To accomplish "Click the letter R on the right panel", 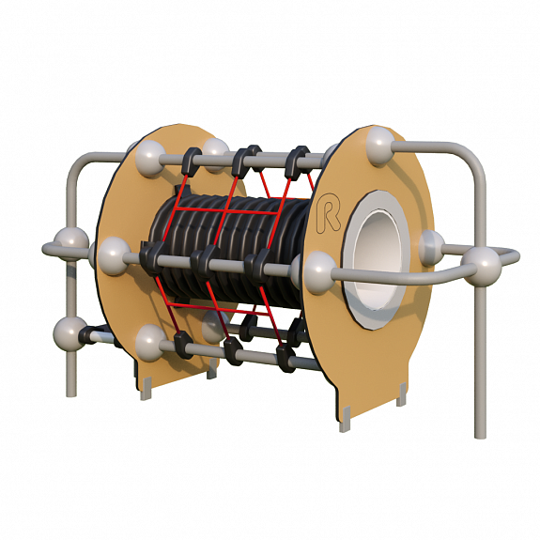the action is click(328, 212).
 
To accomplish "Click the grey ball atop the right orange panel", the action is click(379, 146).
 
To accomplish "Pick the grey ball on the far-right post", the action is click(482, 266).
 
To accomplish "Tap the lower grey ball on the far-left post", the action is click(69, 333).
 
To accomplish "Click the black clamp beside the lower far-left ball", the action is click(89, 335).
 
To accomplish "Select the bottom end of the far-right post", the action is click(480, 436).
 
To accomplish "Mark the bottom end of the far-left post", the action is click(71, 394).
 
